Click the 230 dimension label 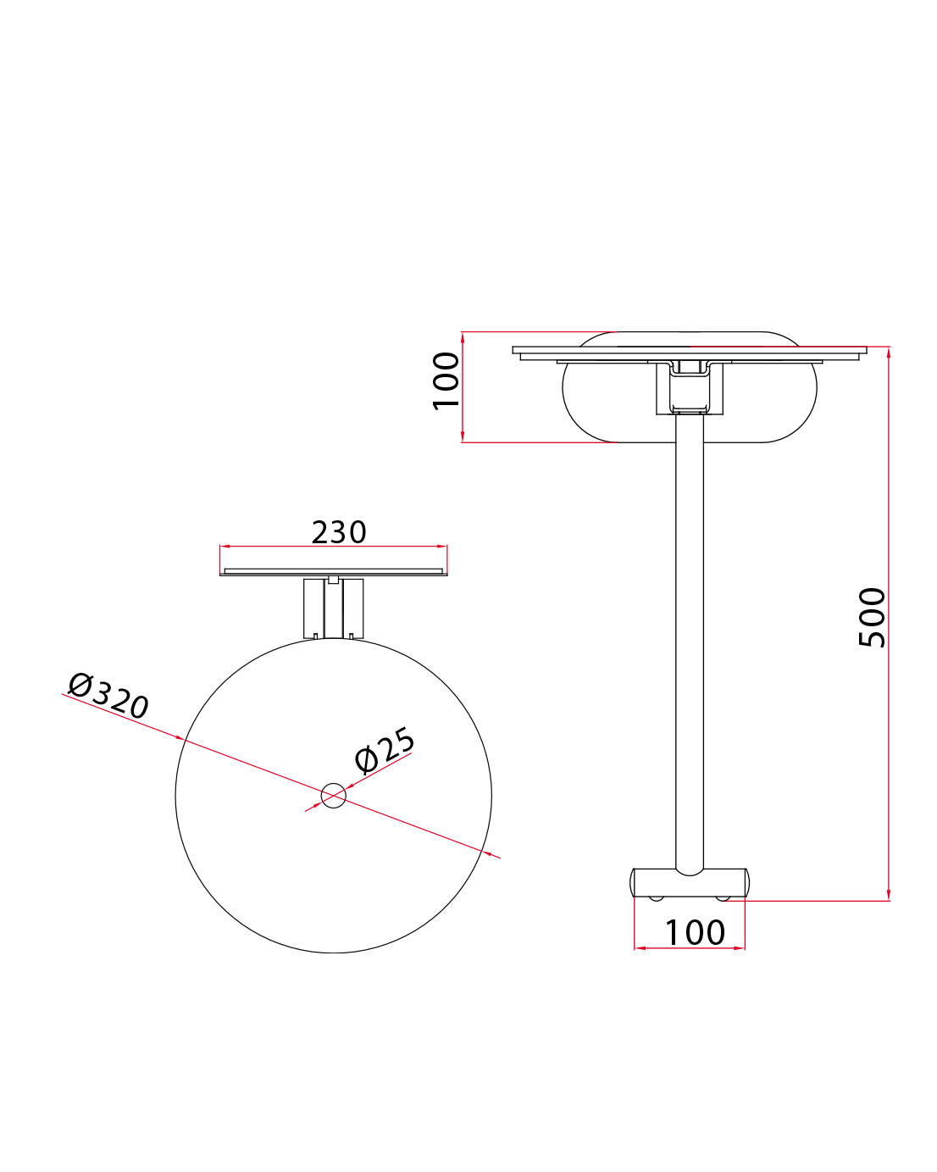pos(339,532)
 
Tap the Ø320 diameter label pos(108,695)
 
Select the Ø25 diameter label pos(385,750)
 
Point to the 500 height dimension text pos(872,617)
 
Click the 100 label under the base pos(694,932)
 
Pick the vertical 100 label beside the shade pos(446,380)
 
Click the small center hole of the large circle pos(334,795)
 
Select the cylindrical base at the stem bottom pos(689,883)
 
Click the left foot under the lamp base pos(656,897)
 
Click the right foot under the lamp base pos(722,897)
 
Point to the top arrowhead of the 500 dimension pos(888,353)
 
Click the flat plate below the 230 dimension pos(334,572)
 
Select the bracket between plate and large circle pos(334,608)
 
